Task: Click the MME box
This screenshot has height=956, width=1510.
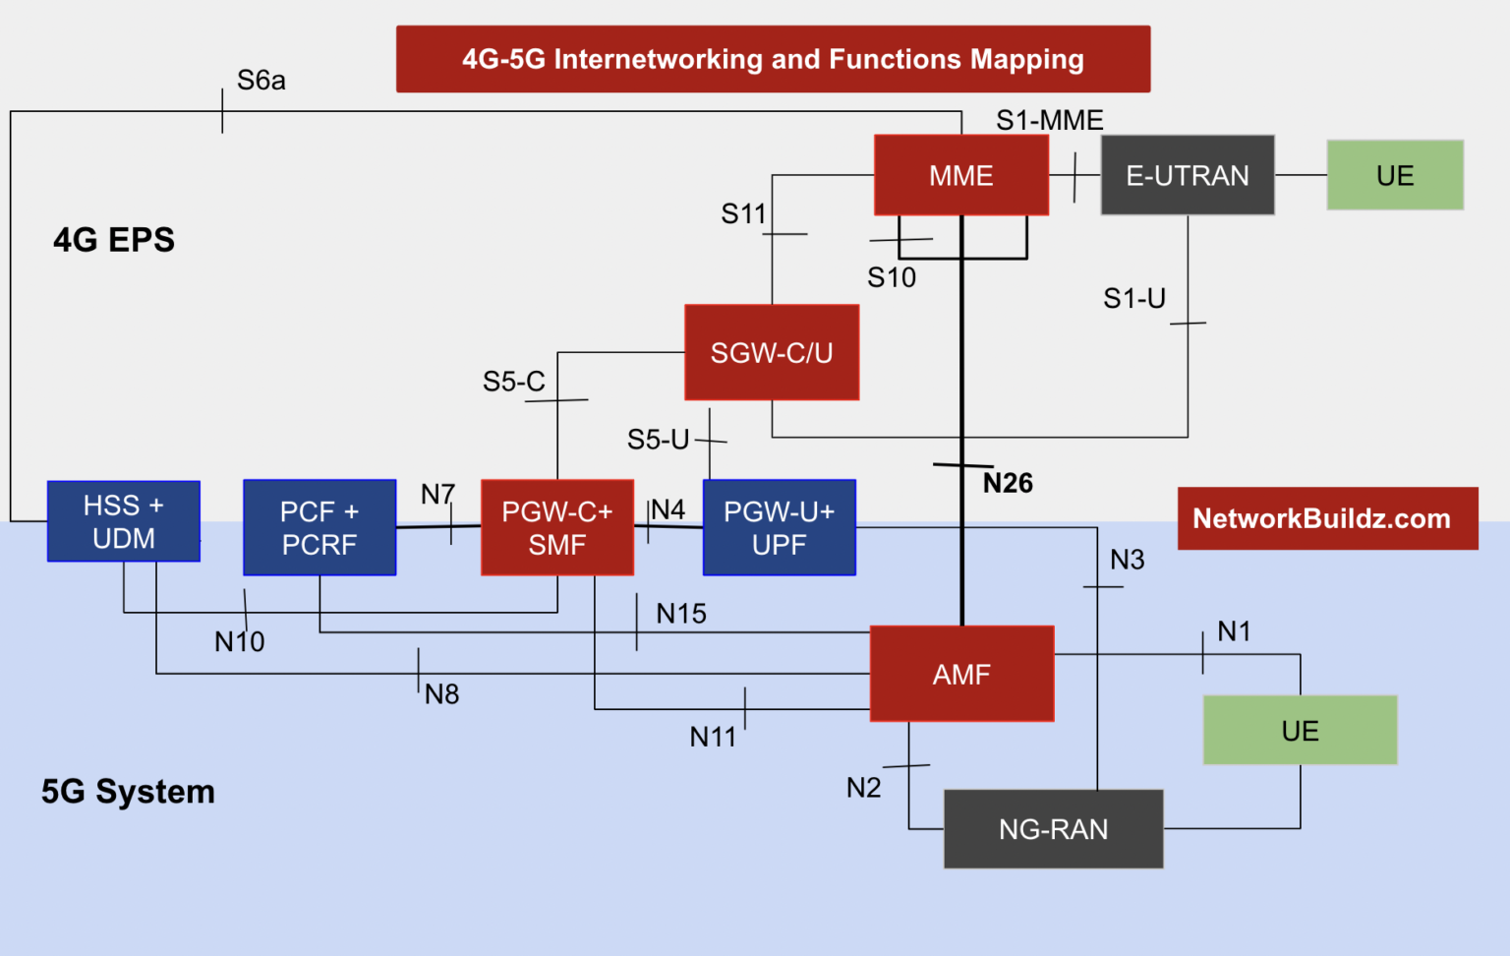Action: [x=960, y=175]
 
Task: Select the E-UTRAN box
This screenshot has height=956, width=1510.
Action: [x=1187, y=175]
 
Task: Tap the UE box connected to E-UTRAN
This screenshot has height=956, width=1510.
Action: [x=1394, y=175]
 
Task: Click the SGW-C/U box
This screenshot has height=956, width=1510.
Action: [x=772, y=352]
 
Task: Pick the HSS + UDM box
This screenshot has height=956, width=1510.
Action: [x=124, y=521]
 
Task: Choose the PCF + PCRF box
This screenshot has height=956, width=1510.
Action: [x=319, y=527]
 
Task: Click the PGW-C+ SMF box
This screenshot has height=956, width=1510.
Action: [x=556, y=527]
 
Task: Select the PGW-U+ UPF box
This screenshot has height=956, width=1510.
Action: [x=779, y=527]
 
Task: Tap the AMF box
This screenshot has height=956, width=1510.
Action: [x=961, y=674]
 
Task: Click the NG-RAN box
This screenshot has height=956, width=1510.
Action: [x=1053, y=829]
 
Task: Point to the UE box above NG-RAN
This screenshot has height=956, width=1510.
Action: [x=1300, y=730]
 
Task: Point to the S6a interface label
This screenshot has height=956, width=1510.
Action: [x=261, y=81]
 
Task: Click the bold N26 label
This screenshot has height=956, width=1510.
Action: [x=1008, y=483]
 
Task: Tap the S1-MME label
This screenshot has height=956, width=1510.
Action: [x=1049, y=120]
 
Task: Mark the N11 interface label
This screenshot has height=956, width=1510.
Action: [x=713, y=737]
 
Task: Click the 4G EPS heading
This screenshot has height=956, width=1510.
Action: [x=114, y=240]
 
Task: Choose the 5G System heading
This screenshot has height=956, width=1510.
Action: [x=128, y=792]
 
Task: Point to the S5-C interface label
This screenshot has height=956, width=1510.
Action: [x=513, y=382]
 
